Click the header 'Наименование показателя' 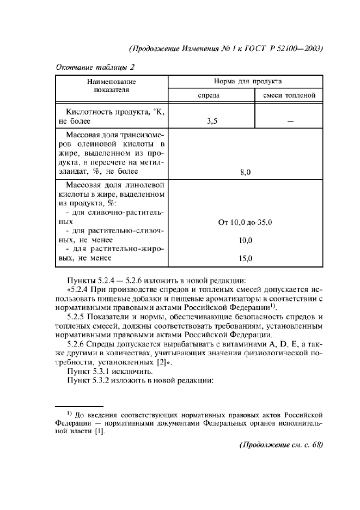point(111,86)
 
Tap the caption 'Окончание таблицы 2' point(95,67)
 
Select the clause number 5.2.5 point(76,317)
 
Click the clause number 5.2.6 point(76,343)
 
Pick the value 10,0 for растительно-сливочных point(245,240)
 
